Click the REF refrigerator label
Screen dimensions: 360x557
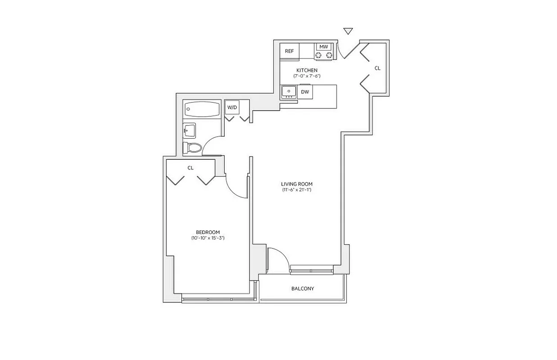[290, 51]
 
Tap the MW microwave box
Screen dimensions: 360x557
[324, 46]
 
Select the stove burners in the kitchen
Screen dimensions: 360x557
[324, 55]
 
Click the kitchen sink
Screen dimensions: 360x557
[288, 92]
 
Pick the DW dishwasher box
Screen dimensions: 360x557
[305, 92]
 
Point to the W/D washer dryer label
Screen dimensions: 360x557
[232, 107]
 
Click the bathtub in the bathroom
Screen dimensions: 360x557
[202, 109]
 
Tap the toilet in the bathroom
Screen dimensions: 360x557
[192, 148]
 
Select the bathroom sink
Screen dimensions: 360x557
[189, 130]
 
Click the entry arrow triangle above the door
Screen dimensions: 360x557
[348, 31]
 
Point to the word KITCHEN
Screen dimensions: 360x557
[307, 70]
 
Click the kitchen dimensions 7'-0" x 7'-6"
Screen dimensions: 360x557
[307, 76]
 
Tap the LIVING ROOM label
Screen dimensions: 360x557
[296, 184]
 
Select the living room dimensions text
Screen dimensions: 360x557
[296, 190]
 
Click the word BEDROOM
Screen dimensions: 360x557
[208, 232]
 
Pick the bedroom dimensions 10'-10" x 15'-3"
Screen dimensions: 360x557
[208, 238]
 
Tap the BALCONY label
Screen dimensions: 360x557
[303, 288]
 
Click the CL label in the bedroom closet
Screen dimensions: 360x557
[190, 168]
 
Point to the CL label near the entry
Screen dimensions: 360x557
[377, 68]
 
